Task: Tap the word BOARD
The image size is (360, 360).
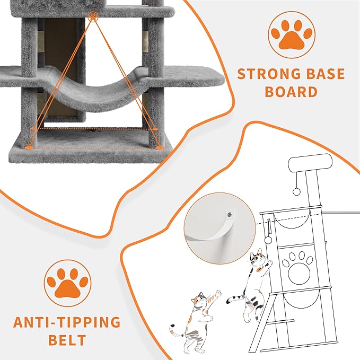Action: (291, 92)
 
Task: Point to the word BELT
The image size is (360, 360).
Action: (67, 340)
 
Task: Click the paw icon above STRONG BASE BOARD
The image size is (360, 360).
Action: (291, 34)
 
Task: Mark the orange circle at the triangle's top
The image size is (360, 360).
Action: (93, 17)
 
